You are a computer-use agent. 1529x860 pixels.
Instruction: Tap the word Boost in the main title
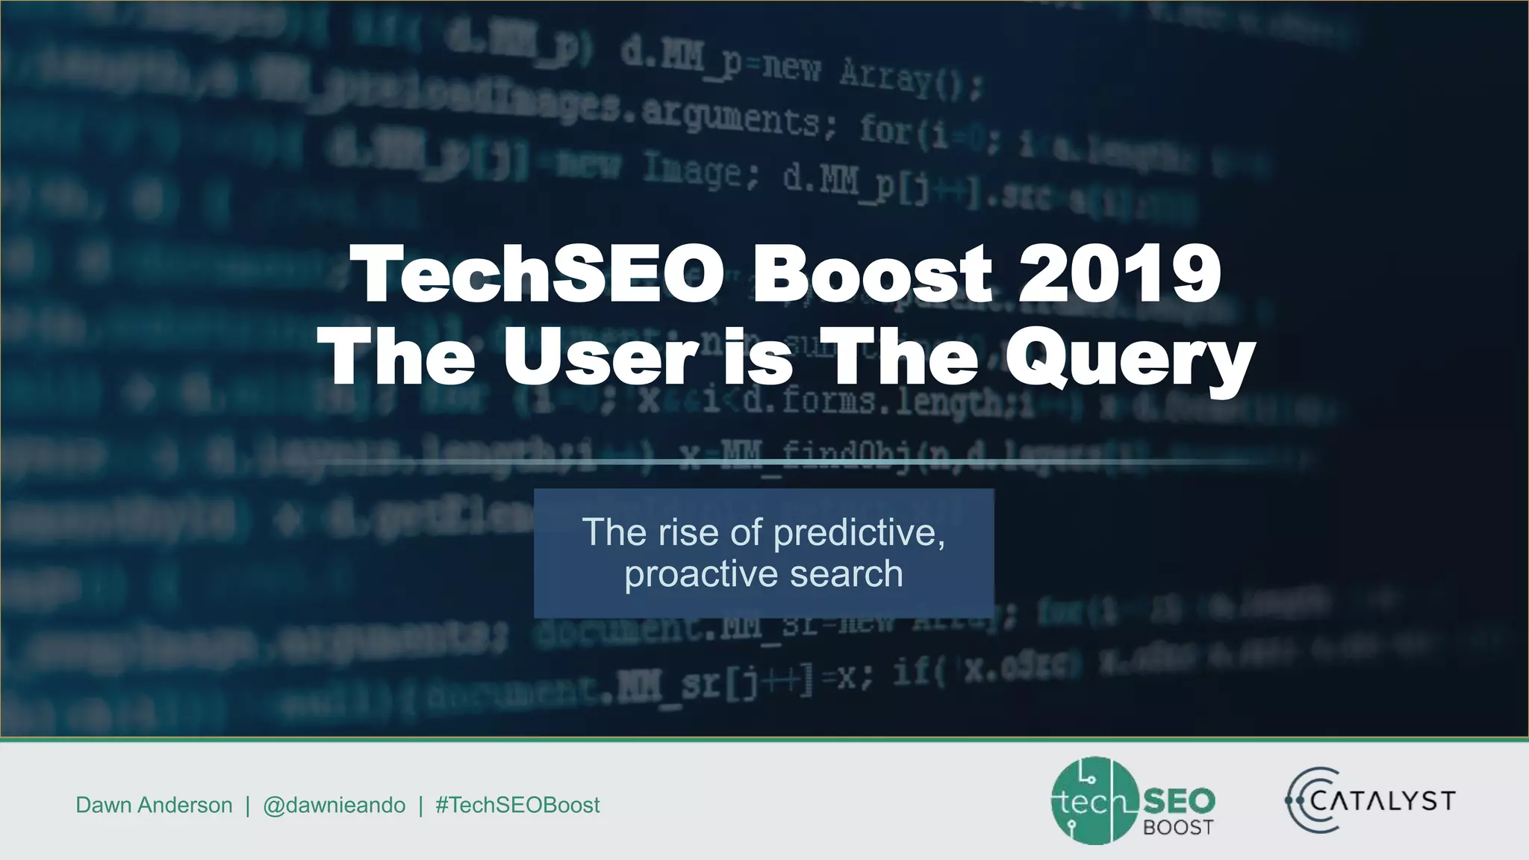(x=872, y=274)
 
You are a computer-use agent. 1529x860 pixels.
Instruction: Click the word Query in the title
(x=1130, y=359)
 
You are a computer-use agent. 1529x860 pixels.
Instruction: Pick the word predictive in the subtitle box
(x=859, y=533)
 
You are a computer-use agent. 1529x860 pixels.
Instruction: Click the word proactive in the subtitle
(x=702, y=574)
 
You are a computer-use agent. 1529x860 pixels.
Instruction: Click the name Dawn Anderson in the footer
(x=154, y=805)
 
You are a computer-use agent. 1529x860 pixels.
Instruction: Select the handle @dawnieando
(x=334, y=805)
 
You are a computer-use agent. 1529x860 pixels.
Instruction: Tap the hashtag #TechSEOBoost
(x=517, y=805)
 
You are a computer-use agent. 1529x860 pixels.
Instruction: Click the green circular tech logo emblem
(x=1093, y=801)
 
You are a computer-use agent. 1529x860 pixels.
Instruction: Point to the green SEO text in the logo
(x=1179, y=802)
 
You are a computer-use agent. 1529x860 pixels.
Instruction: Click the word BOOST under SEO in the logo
(x=1178, y=827)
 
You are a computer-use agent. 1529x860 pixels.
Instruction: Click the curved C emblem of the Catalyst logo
(x=1307, y=800)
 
